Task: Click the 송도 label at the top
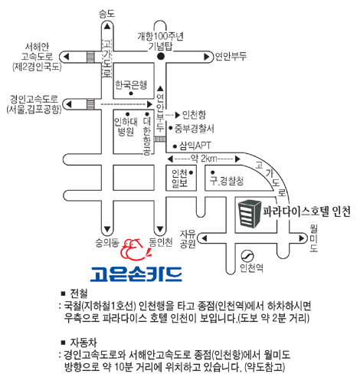107,14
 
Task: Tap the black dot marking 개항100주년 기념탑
161,57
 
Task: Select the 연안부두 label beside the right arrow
231,56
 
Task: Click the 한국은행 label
131,85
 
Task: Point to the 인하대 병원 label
126,126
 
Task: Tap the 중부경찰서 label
194,128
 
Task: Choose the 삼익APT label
195,146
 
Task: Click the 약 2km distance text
204,159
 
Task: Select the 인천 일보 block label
179,178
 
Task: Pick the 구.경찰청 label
227,181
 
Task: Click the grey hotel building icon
250,213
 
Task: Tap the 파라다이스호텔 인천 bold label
306,212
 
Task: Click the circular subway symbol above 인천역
247,255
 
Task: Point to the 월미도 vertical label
314,238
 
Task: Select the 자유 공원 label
188,238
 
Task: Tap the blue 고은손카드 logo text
136,274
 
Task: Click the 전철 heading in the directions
79,294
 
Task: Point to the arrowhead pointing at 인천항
178,115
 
